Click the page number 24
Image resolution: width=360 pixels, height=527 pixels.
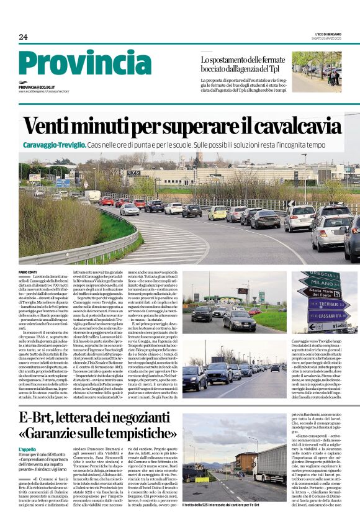(23, 37)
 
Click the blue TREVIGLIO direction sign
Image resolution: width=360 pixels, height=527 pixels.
(327, 304)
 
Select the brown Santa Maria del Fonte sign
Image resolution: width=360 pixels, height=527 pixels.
(318, 293)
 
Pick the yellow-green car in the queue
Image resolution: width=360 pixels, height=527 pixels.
(217, 213)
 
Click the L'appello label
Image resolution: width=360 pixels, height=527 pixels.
(28, 449)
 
